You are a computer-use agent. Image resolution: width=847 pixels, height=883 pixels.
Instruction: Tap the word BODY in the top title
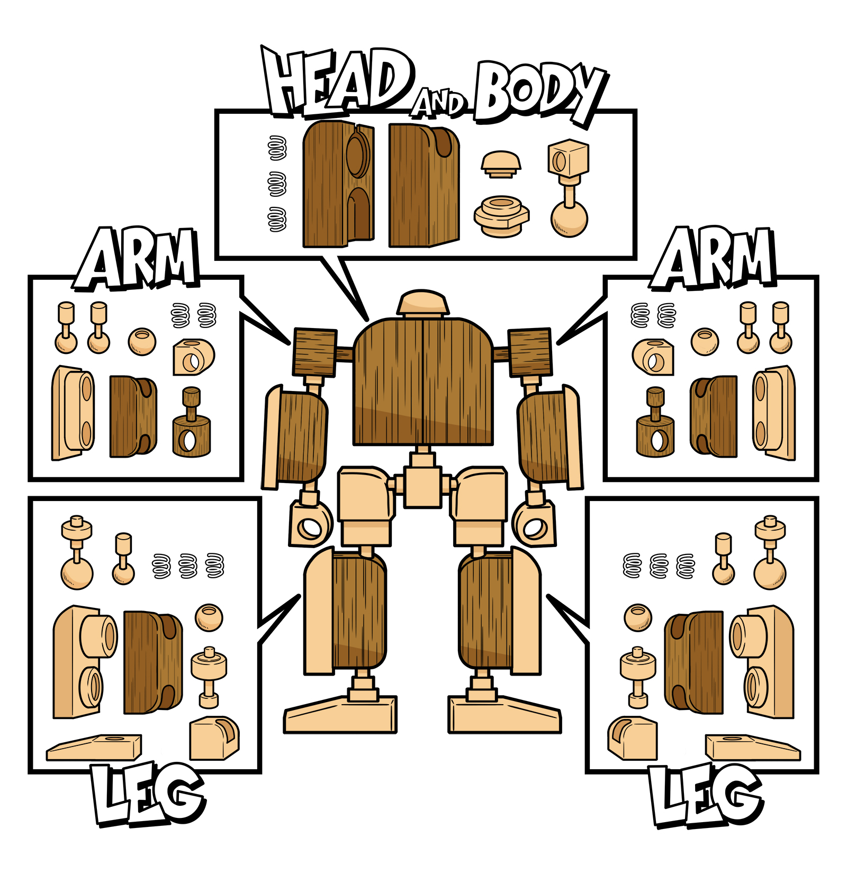pos(540,93)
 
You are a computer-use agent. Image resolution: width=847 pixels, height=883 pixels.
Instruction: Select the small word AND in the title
pos(439,103)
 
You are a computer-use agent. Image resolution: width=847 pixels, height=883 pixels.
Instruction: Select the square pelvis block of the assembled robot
pos(422,486)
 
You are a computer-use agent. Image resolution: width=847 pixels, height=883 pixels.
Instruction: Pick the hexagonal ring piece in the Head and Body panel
pos(501,216)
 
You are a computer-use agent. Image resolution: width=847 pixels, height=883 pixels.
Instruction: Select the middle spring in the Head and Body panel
pos(277,184)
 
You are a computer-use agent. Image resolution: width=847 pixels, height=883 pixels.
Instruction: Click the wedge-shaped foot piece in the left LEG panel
pos(94,747)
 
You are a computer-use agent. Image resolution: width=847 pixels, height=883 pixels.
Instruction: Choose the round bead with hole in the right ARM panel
pos(705,342)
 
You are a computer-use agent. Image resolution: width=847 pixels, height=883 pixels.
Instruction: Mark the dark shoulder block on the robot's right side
pos(530,352)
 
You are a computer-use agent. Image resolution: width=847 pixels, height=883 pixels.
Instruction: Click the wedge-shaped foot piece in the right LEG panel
pos(753,747)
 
